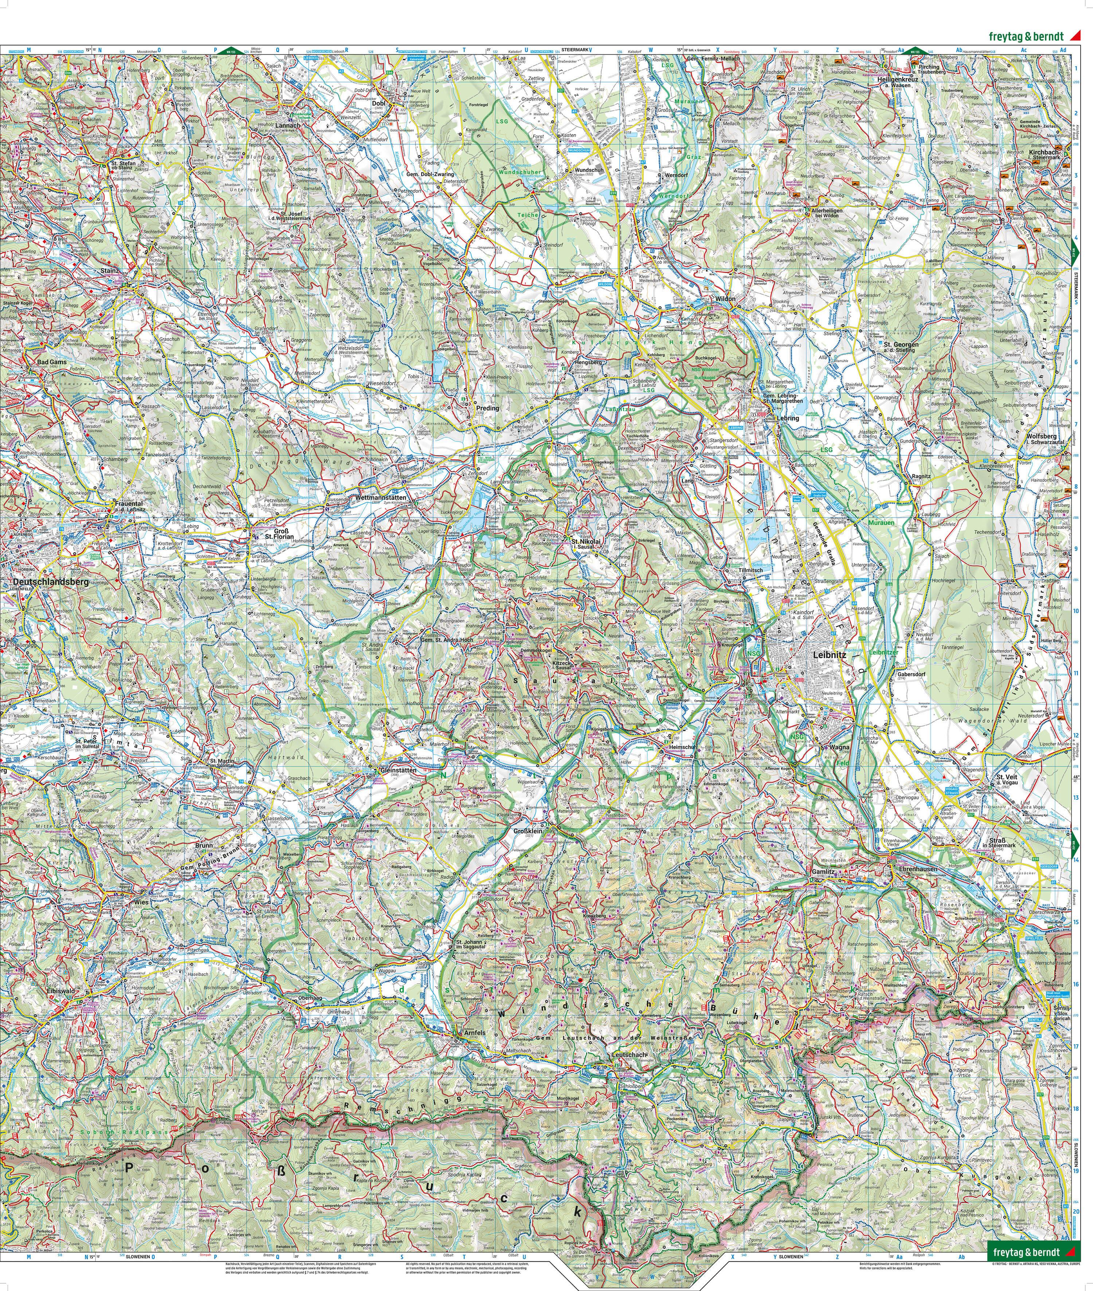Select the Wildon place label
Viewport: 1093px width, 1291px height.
coord(725,299)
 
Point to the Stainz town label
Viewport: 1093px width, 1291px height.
coord(109,271)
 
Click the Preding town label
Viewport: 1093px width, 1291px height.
coord(487,409)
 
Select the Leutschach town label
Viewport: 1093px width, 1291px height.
coord(629,1054)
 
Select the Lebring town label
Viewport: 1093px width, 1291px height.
coord(788,418)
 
